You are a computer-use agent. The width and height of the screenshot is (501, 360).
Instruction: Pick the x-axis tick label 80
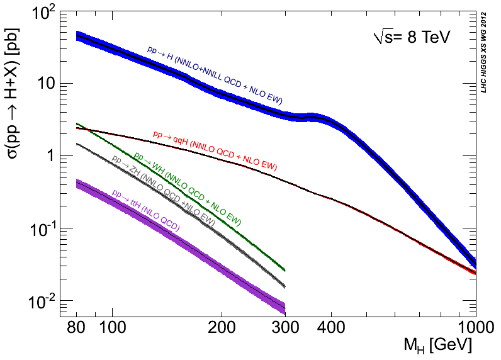(76, 329)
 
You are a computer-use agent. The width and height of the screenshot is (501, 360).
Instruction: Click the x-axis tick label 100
(111, 329)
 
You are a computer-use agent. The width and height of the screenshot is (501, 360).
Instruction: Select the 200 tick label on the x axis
(221, 329)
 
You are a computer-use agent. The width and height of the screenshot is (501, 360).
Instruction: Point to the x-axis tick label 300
(285, 329)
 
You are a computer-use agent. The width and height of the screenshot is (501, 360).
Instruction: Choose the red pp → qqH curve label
(215, 151)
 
